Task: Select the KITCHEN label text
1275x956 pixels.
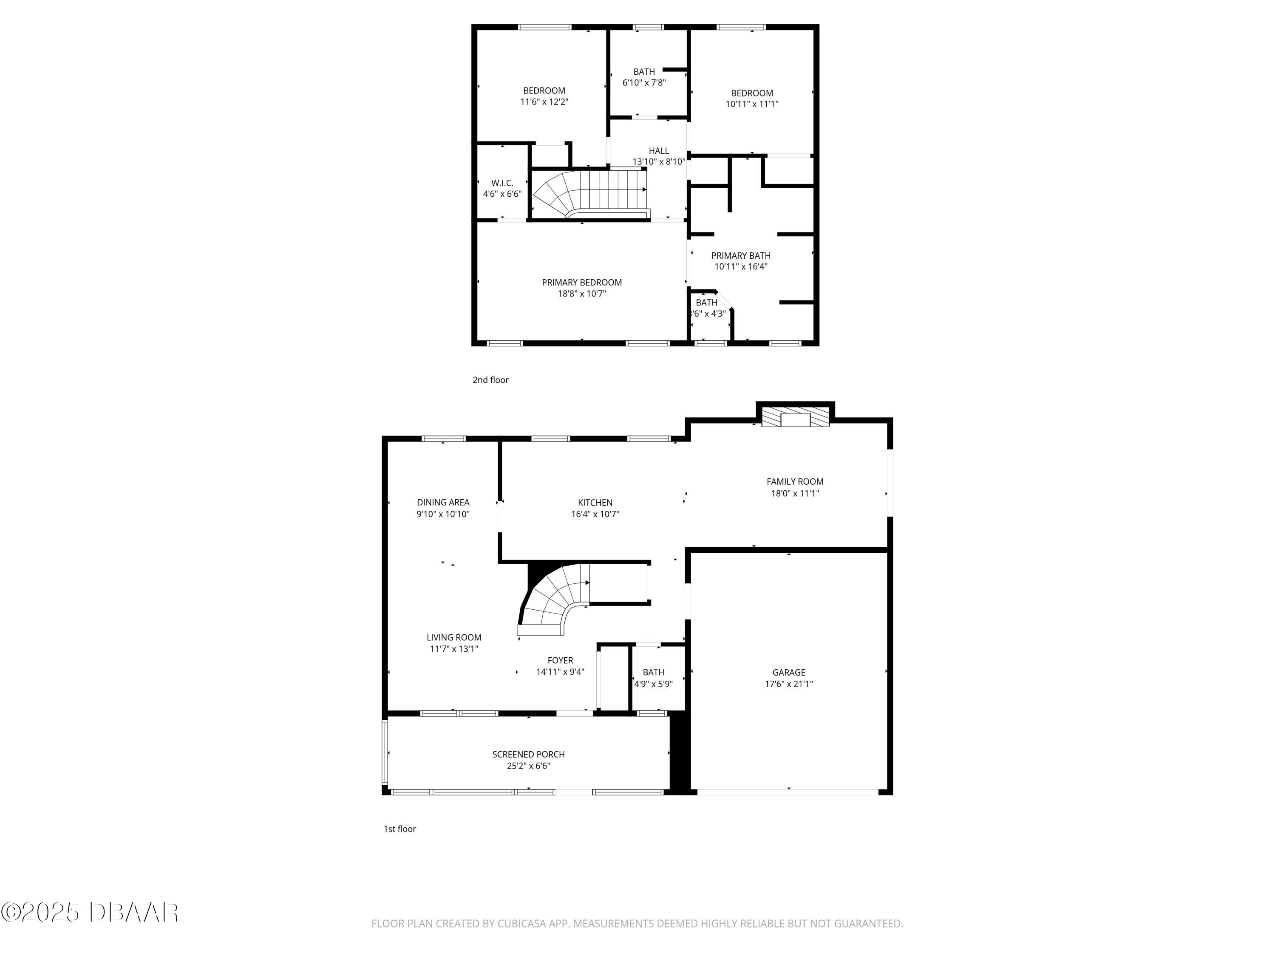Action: click(595, 503)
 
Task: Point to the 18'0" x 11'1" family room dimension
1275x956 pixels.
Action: click(795, 493)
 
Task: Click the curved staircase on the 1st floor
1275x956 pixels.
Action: click(553, 602)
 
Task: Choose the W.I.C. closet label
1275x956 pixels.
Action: click(502, 183)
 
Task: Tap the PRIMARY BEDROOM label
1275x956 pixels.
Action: click(581, 283)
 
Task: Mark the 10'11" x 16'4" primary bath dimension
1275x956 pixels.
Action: click(741, 266)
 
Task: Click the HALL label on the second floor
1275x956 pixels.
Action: click(658, 151)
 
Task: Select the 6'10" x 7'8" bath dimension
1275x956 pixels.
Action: click(644, 82)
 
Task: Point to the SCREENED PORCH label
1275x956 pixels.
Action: click(528, 754)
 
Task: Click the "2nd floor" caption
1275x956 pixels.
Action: click(490, 380)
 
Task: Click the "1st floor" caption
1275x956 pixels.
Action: click(399, 829)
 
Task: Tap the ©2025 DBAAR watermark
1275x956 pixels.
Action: click(89, 912)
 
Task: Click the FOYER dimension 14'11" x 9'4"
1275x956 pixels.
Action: click(560, 672)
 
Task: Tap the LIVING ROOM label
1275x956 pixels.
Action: click(453, 637)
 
